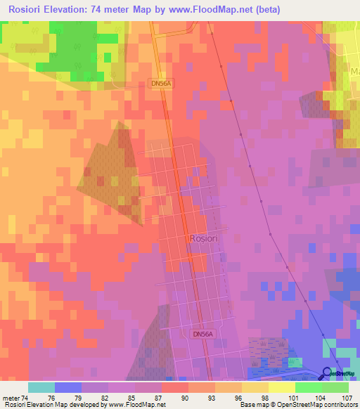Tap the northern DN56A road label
tap(161, 83)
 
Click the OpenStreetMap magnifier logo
tap(328, 374)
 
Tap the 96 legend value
tap(238, 398)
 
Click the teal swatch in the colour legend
tap(41, 387)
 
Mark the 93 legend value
tap(211, 398)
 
